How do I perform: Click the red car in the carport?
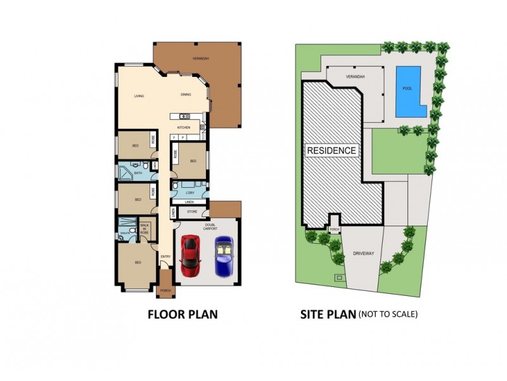click(189, 255)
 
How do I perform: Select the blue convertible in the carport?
click(224, 255)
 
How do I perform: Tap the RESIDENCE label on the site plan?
click(331, 150)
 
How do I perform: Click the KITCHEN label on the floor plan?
click(184, 127)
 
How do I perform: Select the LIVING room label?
click(139, 96)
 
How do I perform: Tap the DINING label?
click(186, 95)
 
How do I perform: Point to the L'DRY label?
click(189, 192)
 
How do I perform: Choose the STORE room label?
click(192, 211)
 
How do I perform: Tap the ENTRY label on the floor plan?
click(165, 256)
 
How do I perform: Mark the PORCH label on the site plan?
click(335, 230)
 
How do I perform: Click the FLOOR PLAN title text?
click(183, 314)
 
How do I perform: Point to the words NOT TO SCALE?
click(388, 314)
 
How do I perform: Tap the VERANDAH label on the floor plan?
click(201, 58)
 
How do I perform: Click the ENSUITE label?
click(124, 234)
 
